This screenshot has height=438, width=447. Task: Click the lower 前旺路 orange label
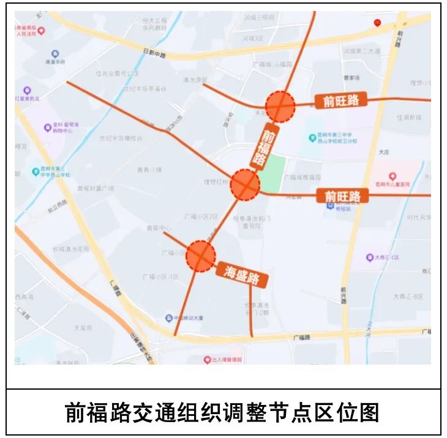tap(342, 196)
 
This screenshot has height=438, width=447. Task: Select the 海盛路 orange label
tap(242, 274)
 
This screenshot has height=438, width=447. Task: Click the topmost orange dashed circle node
tap(280, 106)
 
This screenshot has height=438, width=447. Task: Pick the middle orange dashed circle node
tap(246, 185)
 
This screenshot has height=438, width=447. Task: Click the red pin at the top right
tap(377, 23)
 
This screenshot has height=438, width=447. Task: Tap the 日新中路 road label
tap(154, 54)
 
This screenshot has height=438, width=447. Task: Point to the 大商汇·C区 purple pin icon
tap(370, 258)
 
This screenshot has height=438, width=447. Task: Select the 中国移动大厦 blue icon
tap(169, 318)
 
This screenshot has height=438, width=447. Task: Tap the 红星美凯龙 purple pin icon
tap(26, 91)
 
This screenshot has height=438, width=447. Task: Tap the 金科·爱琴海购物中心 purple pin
tap(48, 128)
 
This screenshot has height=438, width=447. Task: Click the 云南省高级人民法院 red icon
tap(41, 30)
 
